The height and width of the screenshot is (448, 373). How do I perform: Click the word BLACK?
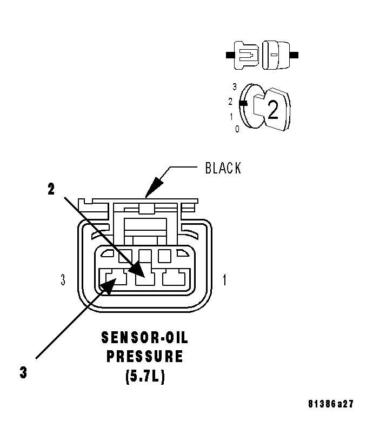point(223,168)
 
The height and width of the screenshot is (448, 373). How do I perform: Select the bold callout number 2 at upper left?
point(51,190)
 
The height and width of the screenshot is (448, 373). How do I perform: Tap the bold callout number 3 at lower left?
point(23,373)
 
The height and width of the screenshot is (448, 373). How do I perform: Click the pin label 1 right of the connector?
point(225,280)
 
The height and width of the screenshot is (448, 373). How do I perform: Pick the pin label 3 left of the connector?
point(63,280)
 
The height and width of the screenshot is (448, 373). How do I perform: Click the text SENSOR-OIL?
point(144,338)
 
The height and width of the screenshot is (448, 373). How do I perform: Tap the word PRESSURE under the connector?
point(144,357)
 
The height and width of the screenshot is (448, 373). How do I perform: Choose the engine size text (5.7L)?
point(144,376)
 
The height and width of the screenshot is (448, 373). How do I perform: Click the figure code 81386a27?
point(331,404)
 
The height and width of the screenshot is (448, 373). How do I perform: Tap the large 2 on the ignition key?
point(273,110)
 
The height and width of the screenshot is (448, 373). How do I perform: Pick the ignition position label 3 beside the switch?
point(234,86)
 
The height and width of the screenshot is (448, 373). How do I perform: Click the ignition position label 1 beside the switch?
point(231,116)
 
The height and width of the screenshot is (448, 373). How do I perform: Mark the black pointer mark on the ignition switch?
point(243,102)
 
